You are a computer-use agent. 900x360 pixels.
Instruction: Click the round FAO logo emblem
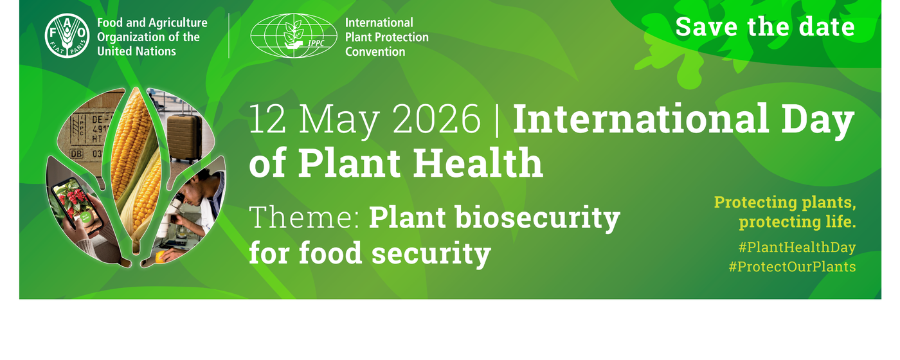point(67,36)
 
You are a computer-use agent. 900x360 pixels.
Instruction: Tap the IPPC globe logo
point(294,36)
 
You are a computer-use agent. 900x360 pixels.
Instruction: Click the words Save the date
point(765,27)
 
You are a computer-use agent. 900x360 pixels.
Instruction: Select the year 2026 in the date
point(437,118)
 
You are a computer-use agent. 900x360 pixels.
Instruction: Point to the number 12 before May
point(267,118)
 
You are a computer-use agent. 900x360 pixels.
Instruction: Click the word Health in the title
point(478,163)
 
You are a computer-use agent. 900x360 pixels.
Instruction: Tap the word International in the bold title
point(640,118)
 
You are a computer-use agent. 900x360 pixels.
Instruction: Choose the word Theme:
point(304,217)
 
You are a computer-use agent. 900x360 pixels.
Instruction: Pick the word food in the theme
point(330,253)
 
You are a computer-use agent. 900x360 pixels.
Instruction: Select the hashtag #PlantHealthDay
point(797,247)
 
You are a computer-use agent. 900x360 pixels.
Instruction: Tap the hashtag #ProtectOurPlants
point(792,267)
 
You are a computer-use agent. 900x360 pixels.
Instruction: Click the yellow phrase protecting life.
point(798,222)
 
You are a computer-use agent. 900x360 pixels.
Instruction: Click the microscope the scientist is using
point(177,217)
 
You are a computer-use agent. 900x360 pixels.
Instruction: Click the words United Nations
point(136,51)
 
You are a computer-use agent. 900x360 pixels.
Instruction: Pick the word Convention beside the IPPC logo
point(375,52)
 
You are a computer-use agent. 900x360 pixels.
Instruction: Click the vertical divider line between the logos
point(229,36)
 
